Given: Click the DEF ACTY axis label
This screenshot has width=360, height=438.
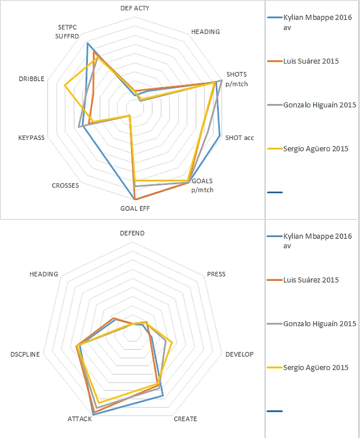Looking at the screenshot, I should (x=135, y=8).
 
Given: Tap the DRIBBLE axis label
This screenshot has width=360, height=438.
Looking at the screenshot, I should (x=32, y=79).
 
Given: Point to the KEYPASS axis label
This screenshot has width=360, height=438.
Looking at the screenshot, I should (x=31, y=137).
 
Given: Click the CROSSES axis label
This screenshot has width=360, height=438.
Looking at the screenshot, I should (x=65, y=186).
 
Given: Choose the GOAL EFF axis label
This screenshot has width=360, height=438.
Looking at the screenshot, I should (x=135, y=208).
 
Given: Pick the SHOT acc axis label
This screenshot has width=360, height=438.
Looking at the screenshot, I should (x=239, y=137).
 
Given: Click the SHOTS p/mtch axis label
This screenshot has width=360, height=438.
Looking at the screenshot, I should (x=237, y=79).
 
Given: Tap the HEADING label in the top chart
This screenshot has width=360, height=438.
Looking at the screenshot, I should (x=205, y=32).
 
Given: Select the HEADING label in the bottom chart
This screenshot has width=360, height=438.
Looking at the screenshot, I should (x=43, y=274).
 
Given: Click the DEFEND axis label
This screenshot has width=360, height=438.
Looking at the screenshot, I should (x=132, y=233).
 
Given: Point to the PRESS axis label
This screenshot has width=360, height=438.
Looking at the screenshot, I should (x=216, y=274).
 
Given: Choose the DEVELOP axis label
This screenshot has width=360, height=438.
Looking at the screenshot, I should (x=239, y=354).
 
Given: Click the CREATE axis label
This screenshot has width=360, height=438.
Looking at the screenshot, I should (x=185, y=419).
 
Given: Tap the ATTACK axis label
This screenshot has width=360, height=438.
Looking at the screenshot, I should (x=79, y=419).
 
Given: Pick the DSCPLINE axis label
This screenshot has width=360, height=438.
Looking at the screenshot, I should (x=25, y=354).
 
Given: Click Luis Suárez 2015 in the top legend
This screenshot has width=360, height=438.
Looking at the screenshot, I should (x=311, y=61).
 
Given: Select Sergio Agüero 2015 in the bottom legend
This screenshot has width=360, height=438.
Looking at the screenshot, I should (x=316, y=368).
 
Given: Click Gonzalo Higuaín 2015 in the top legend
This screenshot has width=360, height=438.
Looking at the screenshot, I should (x=319, y=105).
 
